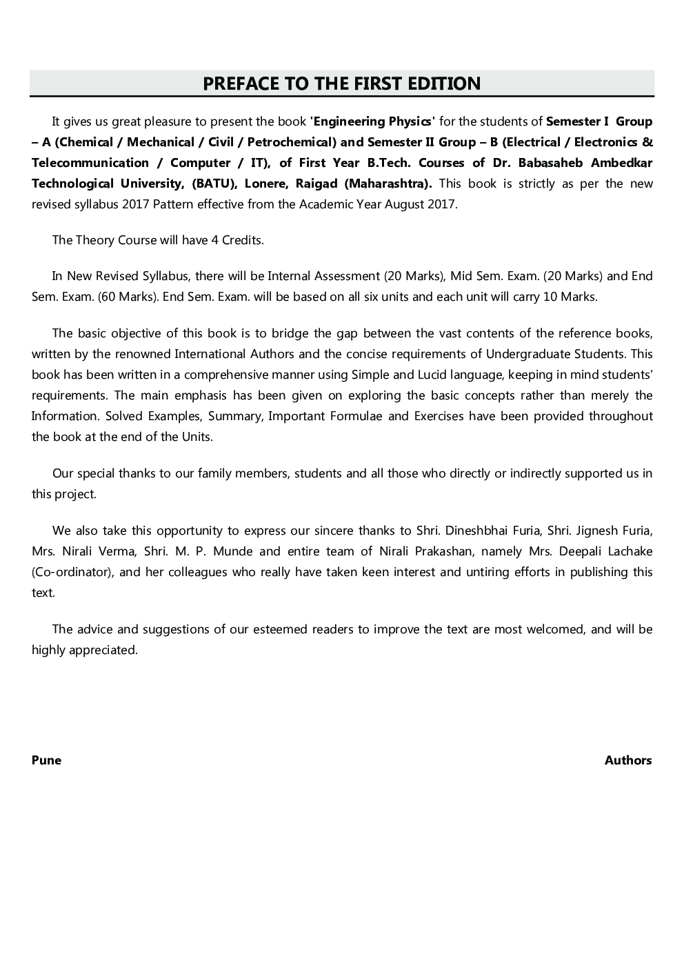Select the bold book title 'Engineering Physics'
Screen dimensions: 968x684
pos(372,121)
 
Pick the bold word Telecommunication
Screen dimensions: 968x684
pos(90,163)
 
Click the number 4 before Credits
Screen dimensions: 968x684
pos(214,240)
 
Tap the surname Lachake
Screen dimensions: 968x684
pos(625,551)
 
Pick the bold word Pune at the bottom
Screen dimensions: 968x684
pos(46,760)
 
